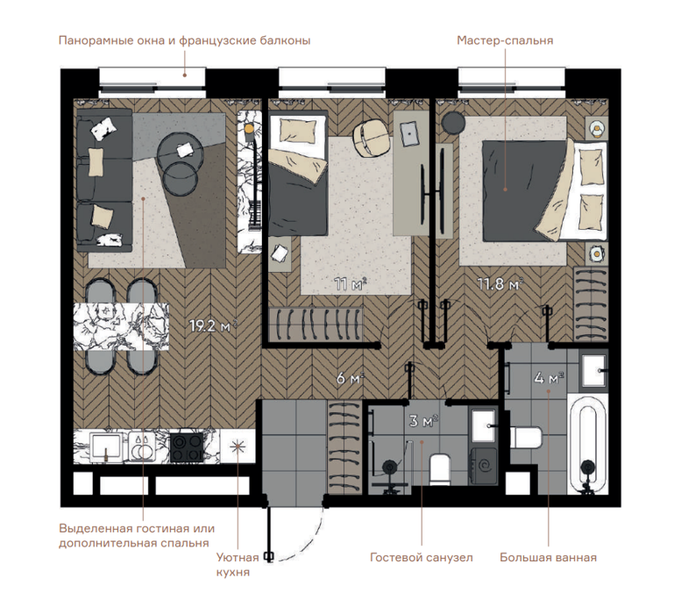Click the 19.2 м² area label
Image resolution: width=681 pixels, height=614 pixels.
[x=213, y=325]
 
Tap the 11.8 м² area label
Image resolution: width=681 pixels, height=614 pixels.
[x=500, y=284]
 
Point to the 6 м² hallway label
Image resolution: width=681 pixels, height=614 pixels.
[x=350, y=378]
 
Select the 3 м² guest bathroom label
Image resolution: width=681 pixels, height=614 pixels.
[x=423, y=420]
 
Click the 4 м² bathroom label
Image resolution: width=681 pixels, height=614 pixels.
[x=549, y=378]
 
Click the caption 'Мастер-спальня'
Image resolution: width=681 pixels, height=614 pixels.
[x=505, y=40]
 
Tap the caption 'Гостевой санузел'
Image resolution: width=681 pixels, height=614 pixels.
[x=422, y=557]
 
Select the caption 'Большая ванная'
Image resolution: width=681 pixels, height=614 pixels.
[x=548, y=557]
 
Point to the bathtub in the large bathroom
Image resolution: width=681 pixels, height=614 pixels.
[x=588, y=445]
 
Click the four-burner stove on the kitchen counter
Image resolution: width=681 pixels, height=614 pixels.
[x=187, y=447]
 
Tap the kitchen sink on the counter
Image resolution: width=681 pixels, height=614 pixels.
[x=106, y=446]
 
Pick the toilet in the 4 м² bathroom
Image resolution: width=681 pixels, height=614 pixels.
[x=526, y=438]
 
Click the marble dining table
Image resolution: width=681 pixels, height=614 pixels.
[x=121, y=326]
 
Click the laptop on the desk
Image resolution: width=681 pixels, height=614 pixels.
[x=409, y=134]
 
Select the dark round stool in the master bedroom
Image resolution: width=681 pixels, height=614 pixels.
[x=453, y=123]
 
